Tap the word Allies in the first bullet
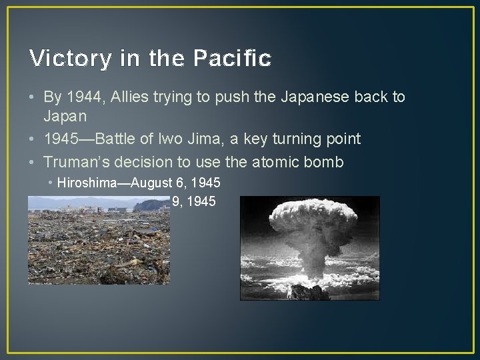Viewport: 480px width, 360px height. pos(129,97)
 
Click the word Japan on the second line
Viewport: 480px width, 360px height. pos(65,116)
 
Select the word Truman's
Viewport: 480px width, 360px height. pos(76,161)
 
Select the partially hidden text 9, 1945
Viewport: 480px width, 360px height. pos(194,201)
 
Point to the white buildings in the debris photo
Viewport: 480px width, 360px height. pos(73,210)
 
